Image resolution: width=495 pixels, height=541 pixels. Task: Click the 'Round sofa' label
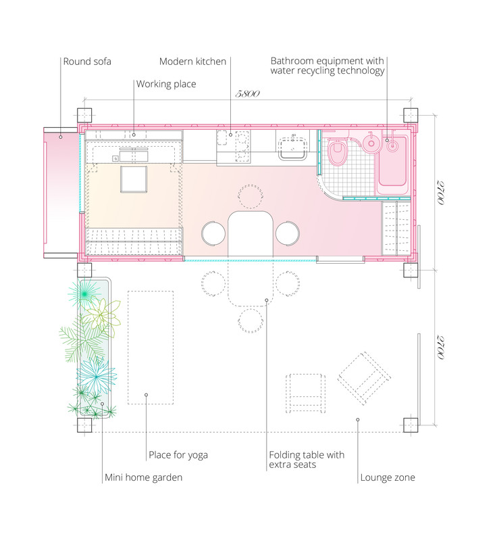pos(87,62)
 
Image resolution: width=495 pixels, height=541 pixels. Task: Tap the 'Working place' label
pos(166,84)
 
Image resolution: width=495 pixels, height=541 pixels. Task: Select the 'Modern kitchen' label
pos(192,62)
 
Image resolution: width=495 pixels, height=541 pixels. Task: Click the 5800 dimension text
pos(247,94)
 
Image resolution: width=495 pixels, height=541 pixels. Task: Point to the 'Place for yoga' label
pos(178,455)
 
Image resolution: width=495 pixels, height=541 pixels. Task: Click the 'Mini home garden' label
pos(143,477)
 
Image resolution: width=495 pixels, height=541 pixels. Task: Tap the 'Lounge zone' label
pos(388,477)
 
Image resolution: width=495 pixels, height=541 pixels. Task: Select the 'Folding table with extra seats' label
pos(307,460)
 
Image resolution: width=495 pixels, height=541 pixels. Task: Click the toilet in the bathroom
pos(337,151)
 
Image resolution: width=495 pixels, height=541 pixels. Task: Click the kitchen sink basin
pos(293,148)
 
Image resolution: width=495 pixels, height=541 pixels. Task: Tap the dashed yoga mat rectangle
pos(151,348)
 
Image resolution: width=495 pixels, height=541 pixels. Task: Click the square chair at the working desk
pos(134,179)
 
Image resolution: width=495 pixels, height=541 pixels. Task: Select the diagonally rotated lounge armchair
pos(364,379)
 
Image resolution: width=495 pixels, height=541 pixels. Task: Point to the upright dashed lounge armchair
pos(305,394)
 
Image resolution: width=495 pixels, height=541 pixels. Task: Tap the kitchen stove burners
pos(242,147)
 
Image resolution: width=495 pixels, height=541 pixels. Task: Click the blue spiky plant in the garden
pos(96,375)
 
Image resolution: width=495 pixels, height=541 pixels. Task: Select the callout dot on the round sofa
pos(61,137)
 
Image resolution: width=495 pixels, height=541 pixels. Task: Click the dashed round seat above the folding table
pos(251,196)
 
